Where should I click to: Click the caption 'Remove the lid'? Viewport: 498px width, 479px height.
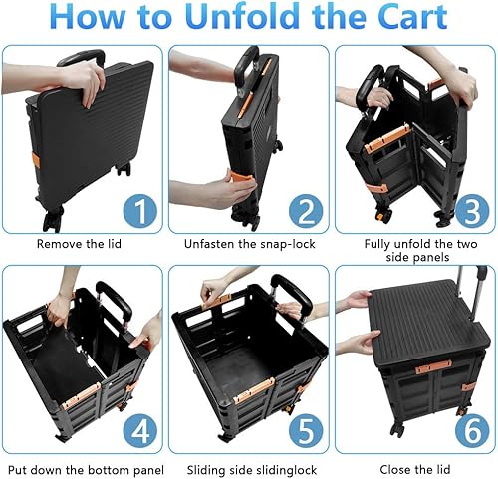pos(82,243)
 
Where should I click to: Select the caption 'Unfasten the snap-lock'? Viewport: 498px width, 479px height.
pos(248,243)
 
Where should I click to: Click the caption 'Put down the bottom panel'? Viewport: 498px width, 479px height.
pos(83,467)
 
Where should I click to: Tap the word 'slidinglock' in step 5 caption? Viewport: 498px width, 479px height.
pos(281,467)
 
